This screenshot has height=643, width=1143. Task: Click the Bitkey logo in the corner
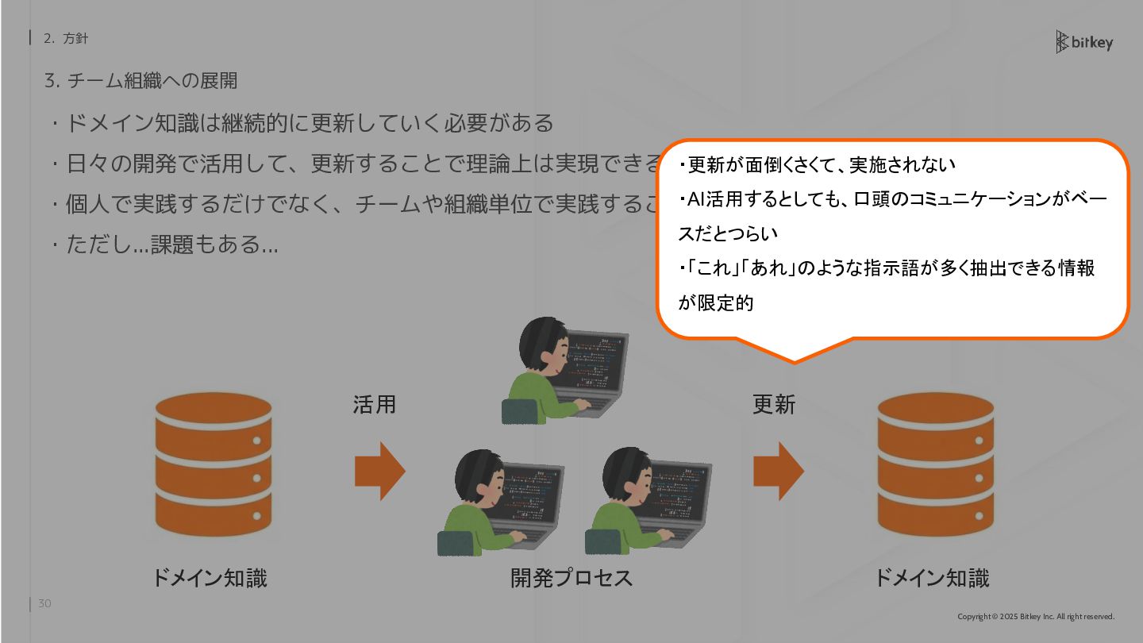click(x=1084, y=42)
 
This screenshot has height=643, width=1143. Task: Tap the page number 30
click(x=44, y=604)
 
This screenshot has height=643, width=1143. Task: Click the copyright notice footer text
click(x=1036, y=617)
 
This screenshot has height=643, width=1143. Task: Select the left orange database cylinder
click(x=214, y=464)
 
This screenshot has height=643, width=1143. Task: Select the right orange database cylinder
click(x=935, y=464)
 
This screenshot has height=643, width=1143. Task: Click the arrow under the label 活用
click(x=379, y=471)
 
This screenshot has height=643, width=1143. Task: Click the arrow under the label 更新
click(x=778, y=471)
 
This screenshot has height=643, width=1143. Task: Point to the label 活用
click(x=375, y=405)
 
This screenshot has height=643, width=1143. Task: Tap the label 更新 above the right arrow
click(x=774, y=405)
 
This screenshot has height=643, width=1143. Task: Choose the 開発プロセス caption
click(x=571, y=578)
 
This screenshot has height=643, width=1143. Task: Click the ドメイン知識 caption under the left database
click(x=210, y=578)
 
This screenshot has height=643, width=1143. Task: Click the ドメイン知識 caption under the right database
click(x=932, y=578)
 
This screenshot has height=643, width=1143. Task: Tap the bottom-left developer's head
click(x=479, y=476)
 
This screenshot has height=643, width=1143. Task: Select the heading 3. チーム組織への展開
click(x=141, y=81)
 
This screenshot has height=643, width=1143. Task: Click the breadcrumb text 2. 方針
click(x=66, y=38)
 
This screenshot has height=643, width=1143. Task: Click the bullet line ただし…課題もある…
click(x=171, y=244)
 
